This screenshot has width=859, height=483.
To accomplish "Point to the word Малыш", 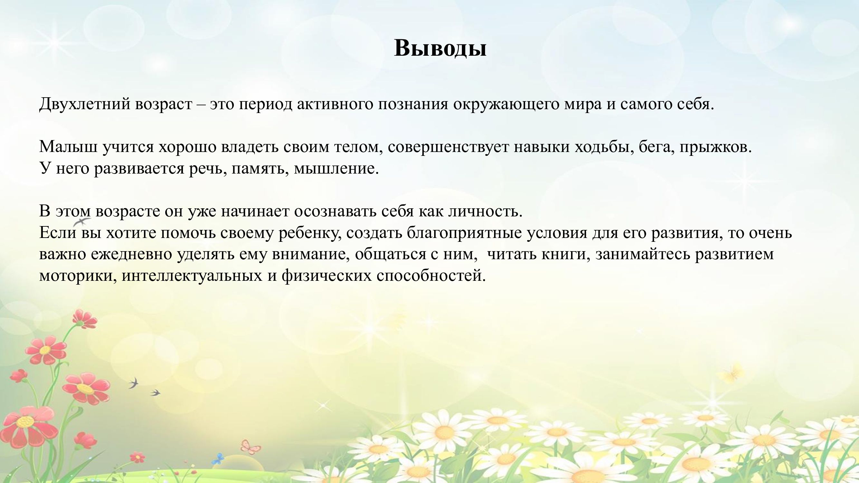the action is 68,147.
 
